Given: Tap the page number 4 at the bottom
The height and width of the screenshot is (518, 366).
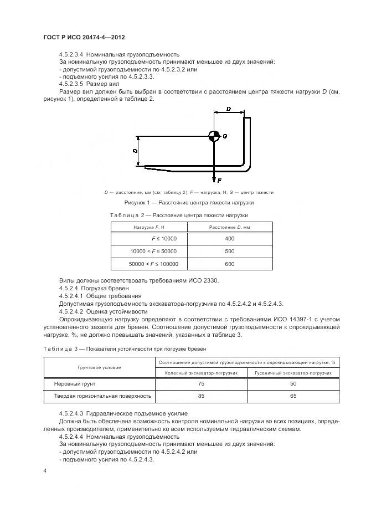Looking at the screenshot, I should tap(45, 471).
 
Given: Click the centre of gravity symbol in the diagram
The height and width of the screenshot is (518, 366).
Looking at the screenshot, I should tap(214, 136).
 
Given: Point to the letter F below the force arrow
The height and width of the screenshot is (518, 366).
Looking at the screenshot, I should tap(220, 181).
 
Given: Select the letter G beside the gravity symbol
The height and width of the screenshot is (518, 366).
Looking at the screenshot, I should tap(225, 136).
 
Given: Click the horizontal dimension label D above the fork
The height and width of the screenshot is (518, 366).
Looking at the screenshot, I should tap(229, 110).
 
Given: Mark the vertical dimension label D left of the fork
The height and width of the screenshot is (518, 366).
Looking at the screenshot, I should tap(134, 151).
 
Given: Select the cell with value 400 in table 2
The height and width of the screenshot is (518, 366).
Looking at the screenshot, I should tap(230, 238).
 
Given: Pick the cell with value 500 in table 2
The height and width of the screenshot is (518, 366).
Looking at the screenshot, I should tap(230, 251).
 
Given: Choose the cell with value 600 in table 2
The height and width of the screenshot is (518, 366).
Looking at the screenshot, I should tap(230, 264).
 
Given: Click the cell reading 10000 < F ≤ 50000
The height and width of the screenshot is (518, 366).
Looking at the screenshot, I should tap(150, 251).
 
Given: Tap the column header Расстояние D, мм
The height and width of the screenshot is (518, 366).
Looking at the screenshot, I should tap(230, 227).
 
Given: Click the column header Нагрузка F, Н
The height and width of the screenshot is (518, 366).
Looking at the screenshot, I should tap(150, 227).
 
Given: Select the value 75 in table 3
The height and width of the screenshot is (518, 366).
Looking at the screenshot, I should tap(201, 384).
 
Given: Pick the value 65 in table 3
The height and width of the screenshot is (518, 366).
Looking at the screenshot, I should tap(293, 397).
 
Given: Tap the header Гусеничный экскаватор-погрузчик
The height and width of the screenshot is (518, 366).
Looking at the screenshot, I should tap(293, 373).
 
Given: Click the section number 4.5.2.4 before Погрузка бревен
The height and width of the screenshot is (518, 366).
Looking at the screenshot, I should tap(69, 289).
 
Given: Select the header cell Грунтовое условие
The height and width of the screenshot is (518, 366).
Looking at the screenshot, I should tap(99, 367).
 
